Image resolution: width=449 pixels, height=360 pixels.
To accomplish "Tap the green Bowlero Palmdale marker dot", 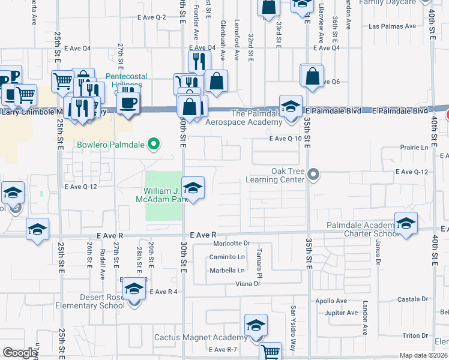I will click(x=154, y=144).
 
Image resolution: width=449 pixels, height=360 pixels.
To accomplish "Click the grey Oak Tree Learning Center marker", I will click(x=312, y=175).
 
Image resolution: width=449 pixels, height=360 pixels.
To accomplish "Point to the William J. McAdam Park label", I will click(x=166, y=195).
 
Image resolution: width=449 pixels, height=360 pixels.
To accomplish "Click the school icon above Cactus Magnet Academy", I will click(x=256, y=326).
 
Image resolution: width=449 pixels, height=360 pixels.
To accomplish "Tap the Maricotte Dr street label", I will click(x=231, y=244).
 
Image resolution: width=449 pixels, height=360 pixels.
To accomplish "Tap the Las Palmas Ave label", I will click(x=392, y=26).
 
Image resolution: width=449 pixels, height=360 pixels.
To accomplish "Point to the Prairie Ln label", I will click(x=416, y=147).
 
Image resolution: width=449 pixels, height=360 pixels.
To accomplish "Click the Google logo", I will click(x=20, y=353).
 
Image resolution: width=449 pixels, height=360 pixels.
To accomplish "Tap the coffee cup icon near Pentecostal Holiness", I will click(x=127, y=103).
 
